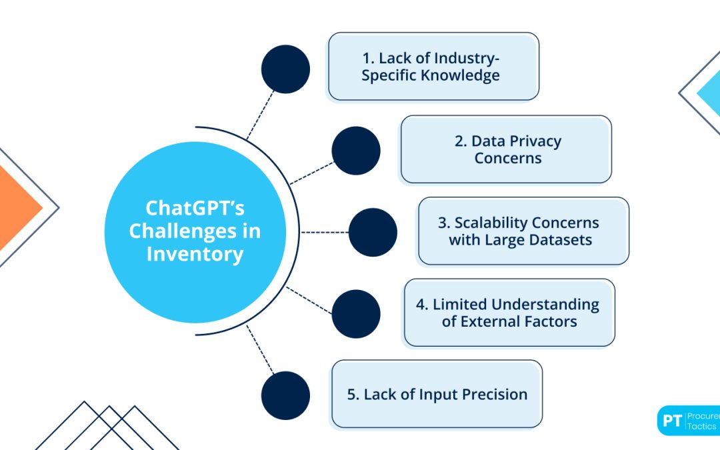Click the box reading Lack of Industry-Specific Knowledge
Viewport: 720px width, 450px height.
tap(433, 67)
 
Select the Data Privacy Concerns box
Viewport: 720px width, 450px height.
tap(506, 149)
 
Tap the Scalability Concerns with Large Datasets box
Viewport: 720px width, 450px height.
tap(523, 231)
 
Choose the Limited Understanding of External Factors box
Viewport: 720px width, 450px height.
tap(509, 313)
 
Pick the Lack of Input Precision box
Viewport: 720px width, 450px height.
tap(437, 394)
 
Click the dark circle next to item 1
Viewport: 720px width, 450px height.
tap(285, 69)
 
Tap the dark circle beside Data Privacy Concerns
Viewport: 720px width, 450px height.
tap(356, 151)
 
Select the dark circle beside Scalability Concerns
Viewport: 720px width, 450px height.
tap(373, 233)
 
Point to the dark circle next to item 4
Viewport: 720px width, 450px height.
tap(356, 314)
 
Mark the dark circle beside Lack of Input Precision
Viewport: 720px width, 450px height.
tap(285, 395)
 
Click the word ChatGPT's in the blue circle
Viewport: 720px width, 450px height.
tap(195, 208)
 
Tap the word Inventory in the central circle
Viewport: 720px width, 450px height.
tap(195, 255)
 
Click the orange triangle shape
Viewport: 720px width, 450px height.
tap(17, 207)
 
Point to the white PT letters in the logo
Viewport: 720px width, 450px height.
tap(672, 421)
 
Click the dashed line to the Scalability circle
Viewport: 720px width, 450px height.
tap(325, 233)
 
